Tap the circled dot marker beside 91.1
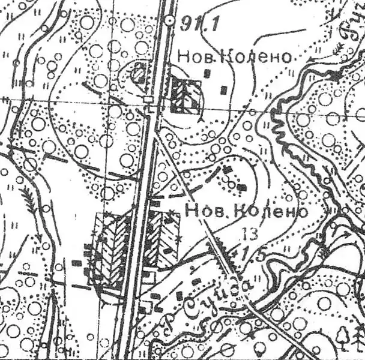point(170,22)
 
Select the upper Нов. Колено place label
point(235,57)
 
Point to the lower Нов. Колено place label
point(246,212)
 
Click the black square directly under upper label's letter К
point(208,73)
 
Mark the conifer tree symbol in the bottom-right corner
point(344,336)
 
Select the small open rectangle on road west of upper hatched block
point(148,98)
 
